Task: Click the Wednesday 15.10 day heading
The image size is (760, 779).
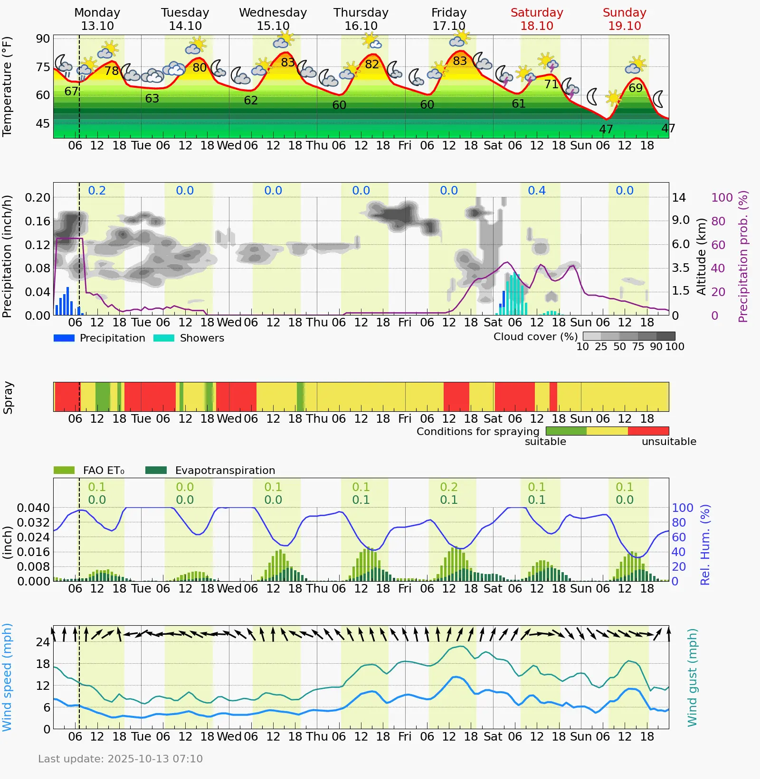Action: coord(273,19)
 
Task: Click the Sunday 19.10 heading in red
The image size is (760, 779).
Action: coord(624,19)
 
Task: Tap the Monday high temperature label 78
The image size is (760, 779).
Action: coord(112,71)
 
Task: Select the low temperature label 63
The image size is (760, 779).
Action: coord(152,99)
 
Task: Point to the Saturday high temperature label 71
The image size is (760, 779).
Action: coord(551,84)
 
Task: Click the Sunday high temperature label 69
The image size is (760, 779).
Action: coord(636,88)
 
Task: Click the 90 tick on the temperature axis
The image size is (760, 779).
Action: coord(43,39)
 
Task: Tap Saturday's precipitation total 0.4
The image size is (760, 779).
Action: coord(537,191)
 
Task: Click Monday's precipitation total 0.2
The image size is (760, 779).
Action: coord(97,191)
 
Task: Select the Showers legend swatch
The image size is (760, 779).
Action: coord(164,338)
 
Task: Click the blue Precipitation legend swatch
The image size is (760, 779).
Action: coord(64,338)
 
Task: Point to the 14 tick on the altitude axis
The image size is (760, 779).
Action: coord(679,197)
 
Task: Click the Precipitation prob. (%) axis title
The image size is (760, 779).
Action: coord(743,256)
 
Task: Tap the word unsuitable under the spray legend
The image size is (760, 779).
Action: coord(669,442)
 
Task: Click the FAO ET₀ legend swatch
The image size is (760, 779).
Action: coord(64,470)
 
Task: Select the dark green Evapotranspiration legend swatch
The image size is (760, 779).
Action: coord(156,470)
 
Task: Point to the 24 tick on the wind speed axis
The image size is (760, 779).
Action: coord(43,642)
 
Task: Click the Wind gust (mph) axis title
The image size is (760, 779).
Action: coord(693,677)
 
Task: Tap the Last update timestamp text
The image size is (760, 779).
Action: coord(120,759)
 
